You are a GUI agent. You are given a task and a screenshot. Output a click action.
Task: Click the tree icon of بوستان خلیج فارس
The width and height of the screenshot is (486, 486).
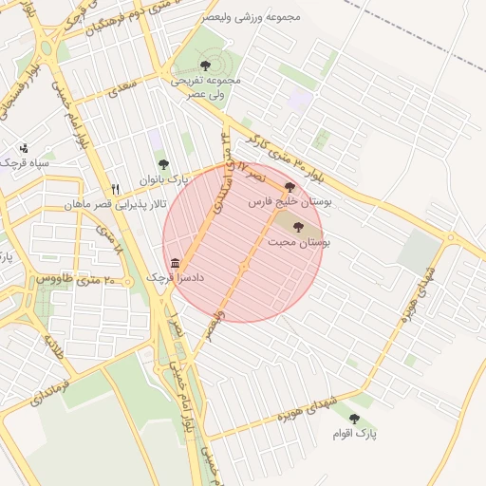tap(289, 187)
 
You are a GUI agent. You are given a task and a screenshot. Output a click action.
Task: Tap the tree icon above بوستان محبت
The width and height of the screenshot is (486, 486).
tap(299, 227)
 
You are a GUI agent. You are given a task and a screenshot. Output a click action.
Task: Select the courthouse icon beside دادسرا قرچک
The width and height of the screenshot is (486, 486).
tap(175, 263)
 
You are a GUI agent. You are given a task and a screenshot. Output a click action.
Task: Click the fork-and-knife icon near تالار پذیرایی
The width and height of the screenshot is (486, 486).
tap(116, 189)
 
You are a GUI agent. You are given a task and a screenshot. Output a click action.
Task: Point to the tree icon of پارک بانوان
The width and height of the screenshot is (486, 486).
tap(161, 165)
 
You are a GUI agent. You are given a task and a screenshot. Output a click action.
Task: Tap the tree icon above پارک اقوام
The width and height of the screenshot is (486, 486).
tap(354, 419)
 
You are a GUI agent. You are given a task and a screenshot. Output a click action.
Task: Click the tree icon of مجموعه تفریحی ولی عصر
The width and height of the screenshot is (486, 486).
tap(205, 65)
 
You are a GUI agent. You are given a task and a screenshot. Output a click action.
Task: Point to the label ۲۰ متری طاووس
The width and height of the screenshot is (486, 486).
tap(75, 279)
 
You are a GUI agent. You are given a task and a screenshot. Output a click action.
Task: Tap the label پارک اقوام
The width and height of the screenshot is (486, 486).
tap(360, 434)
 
